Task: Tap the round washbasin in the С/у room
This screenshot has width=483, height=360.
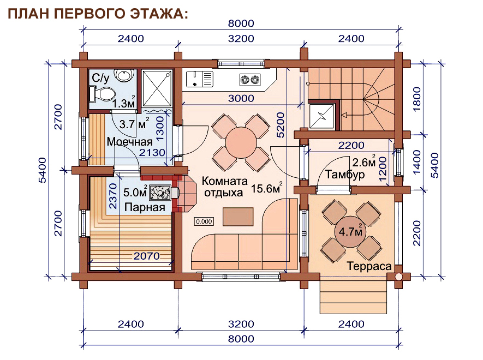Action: point(124,75)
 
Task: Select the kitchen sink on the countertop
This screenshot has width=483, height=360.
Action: point(200,79)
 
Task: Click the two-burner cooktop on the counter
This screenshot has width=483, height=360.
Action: point(250,80)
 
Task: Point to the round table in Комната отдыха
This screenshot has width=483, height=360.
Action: point(241,143)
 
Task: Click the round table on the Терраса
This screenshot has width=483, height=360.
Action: point(350,231)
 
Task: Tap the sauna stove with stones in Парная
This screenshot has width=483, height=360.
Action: point(160,193)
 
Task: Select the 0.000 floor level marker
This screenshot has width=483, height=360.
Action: point(204,221)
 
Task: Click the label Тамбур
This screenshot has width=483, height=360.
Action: point(345,175)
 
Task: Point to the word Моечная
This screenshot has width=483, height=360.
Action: point(130,142)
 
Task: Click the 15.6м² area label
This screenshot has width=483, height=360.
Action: point(267,188)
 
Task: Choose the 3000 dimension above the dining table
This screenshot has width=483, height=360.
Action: point(241,99)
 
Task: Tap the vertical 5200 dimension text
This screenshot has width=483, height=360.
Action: point(281,125)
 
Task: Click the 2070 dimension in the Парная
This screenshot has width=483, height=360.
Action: point(147,256)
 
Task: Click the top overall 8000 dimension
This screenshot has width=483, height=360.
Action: point(241,23)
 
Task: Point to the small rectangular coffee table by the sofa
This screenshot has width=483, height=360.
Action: point(238,217)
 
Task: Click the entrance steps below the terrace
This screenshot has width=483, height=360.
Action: point(353,295)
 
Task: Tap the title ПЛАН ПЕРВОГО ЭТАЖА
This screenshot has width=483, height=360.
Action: point(98,14)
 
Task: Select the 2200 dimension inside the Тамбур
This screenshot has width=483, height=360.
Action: point(351,145)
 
